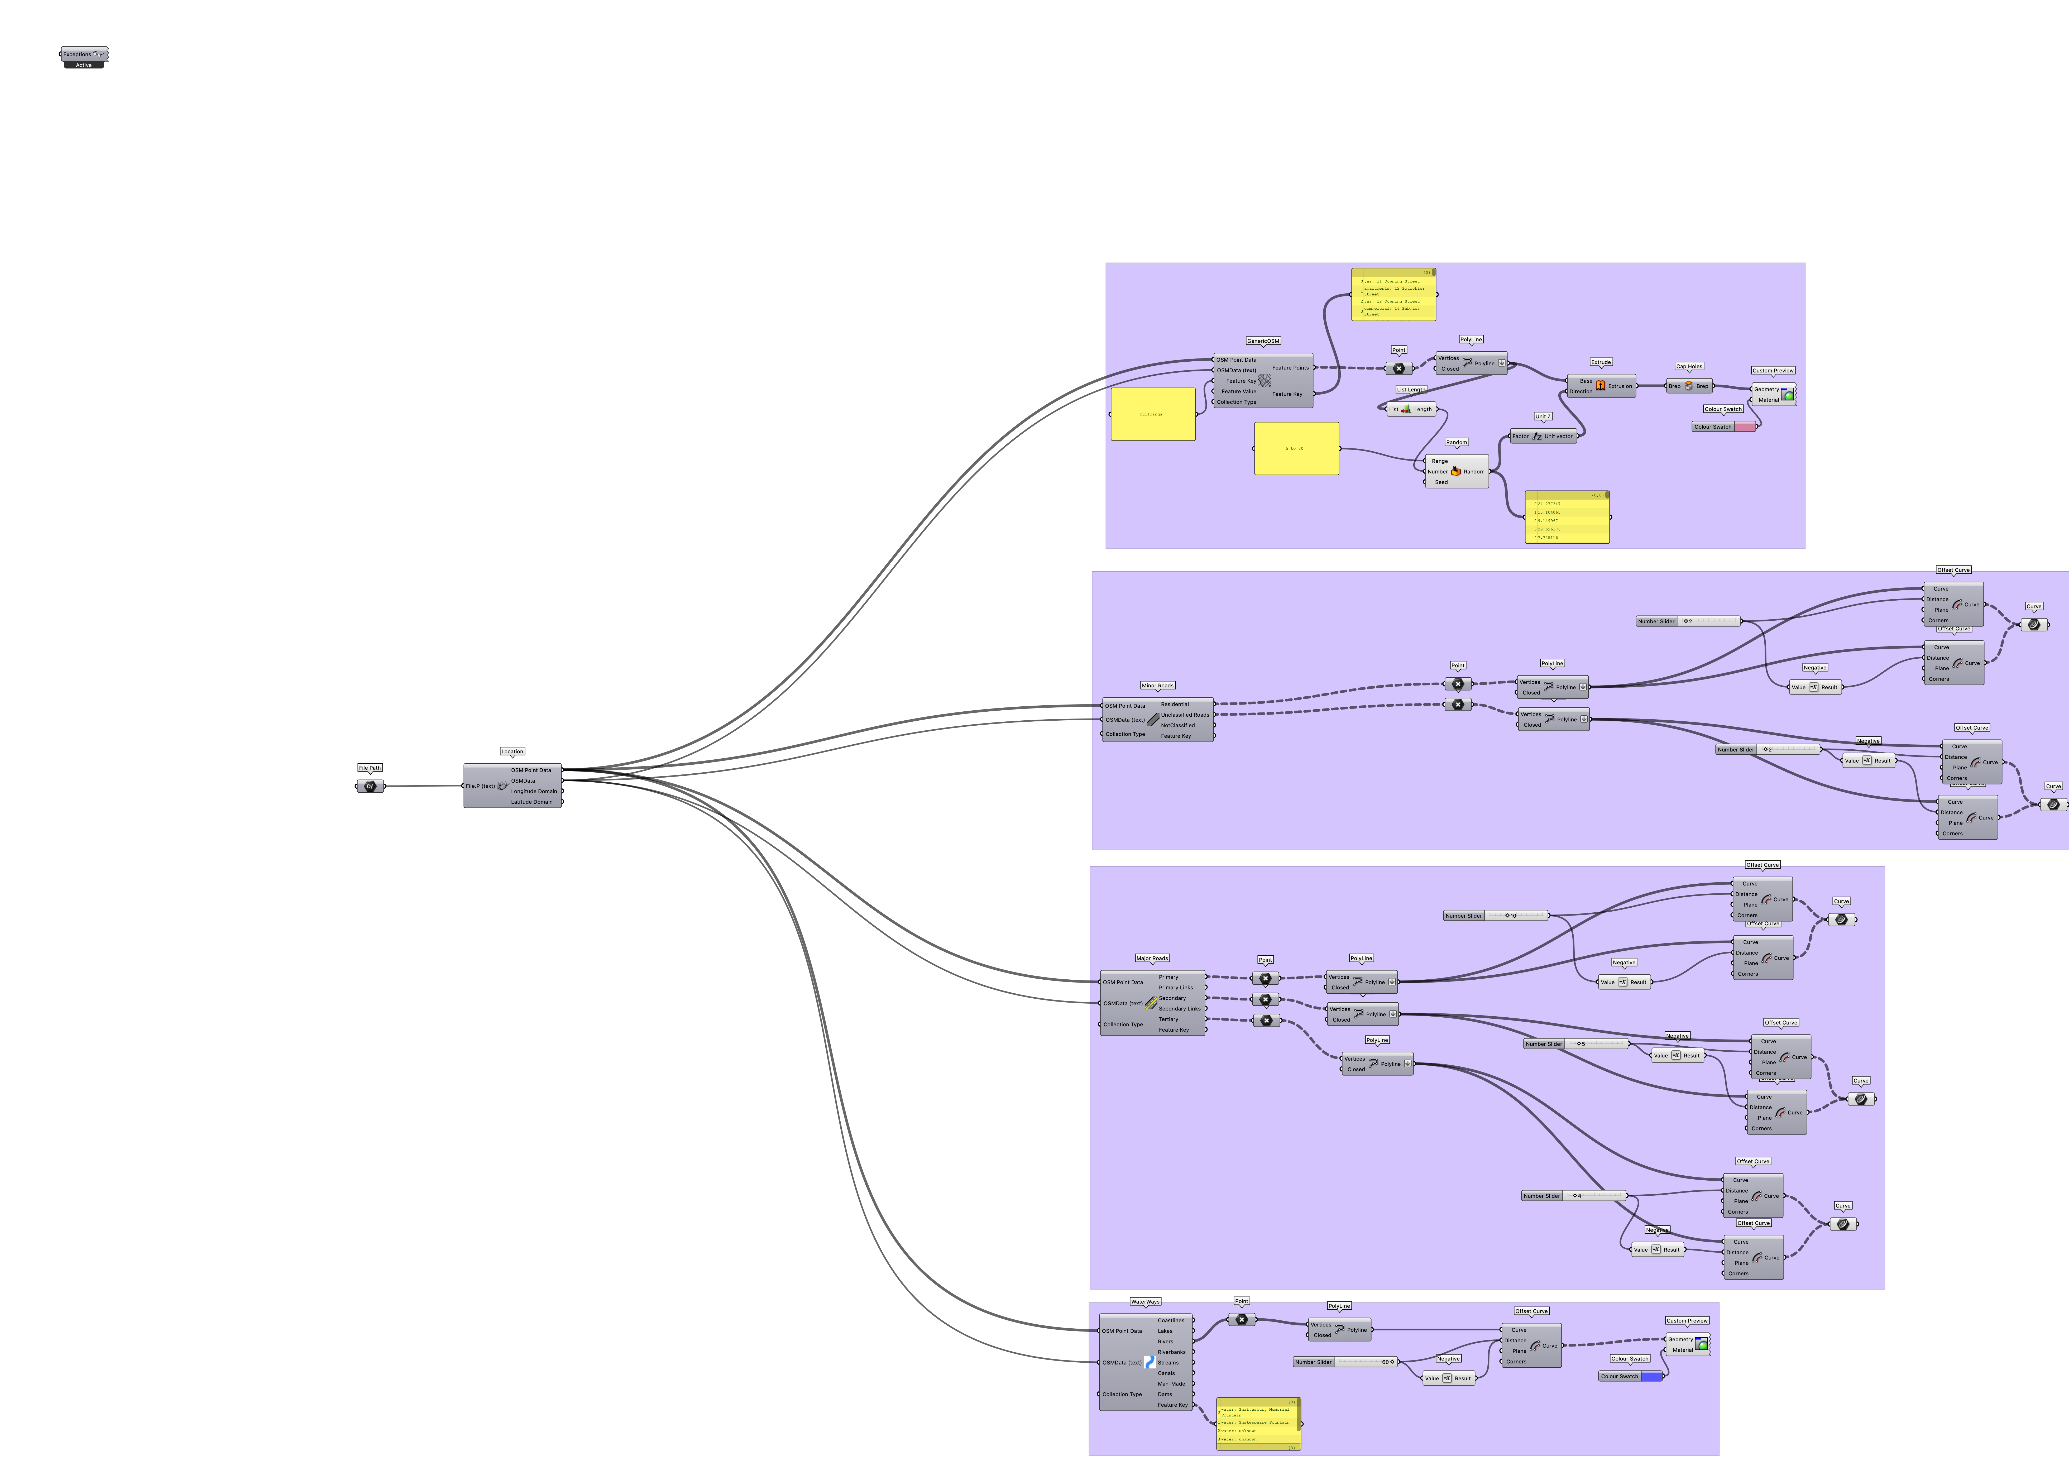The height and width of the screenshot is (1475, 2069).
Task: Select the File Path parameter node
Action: [x=370, y=786]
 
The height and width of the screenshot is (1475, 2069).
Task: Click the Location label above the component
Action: [x=512, y=751]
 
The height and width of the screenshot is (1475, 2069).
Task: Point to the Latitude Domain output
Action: [x=531, y=802]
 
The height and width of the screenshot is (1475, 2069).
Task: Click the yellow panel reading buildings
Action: [x=1153, y=414]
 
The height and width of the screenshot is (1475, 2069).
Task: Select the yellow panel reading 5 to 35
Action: [x=1296, y=449]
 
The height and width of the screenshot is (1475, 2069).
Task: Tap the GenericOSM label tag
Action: [x=1262, y=341]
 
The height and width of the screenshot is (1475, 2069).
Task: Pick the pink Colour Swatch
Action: [x=1744, y=427]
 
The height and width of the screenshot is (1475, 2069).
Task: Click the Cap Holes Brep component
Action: [x=1688, y=386]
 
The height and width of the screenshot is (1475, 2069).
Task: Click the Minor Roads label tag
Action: [x=1157, y=686]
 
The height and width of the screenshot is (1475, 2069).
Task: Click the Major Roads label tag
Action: [x=1152, y=958]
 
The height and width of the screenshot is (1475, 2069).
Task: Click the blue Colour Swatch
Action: [x=1650, y=1376]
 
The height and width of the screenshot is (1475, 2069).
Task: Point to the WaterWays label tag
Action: [x=1144, y=1301]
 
